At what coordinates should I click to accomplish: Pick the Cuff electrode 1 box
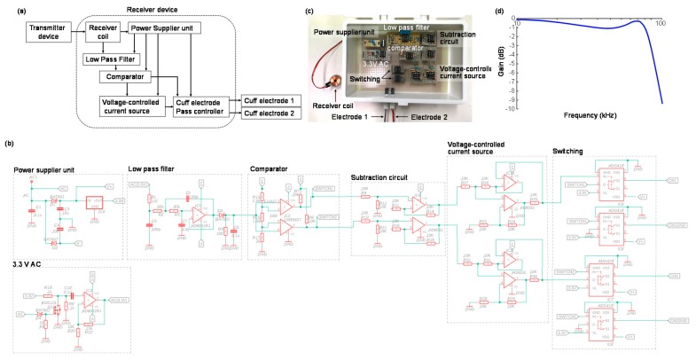click(x=268, y=102)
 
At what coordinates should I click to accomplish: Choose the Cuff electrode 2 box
click(x=268, y=116)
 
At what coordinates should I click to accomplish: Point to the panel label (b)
click(x=9, y=144)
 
